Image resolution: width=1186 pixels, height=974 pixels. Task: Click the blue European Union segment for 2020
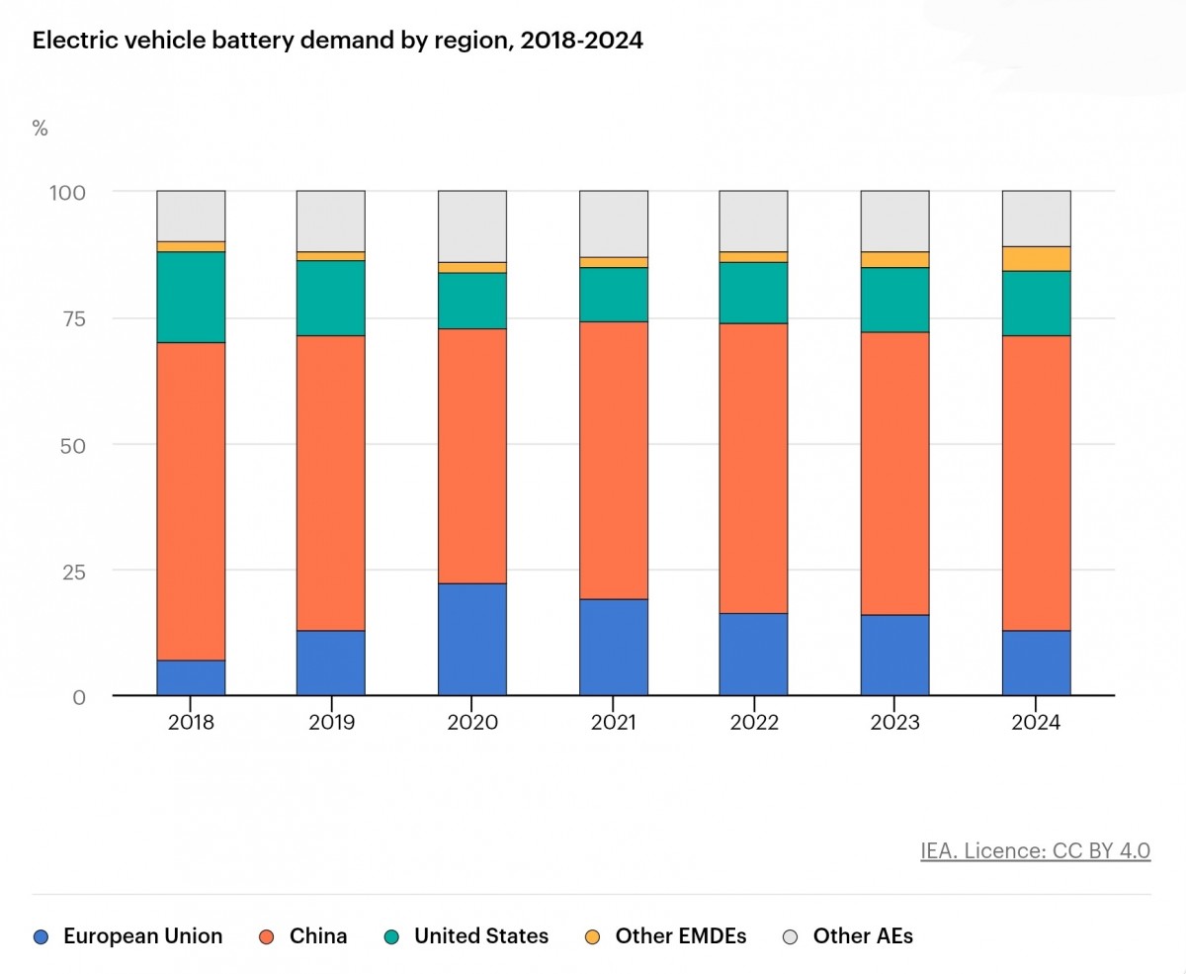pos(472,639)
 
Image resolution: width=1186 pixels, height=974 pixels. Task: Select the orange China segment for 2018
pos(191,500)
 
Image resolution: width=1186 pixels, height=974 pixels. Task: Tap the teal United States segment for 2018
pos(191,297)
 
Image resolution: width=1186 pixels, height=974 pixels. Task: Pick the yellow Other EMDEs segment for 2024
pos(1036,258)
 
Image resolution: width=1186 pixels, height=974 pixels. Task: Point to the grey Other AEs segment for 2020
pos(472,226)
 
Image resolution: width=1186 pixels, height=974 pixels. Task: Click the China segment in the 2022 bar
pos(753,468)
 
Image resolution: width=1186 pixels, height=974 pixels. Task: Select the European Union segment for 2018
pos(191,677)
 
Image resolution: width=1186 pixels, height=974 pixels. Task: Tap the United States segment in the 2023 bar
pos(894,300)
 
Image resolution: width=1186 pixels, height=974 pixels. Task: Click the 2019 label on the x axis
pos(331,723)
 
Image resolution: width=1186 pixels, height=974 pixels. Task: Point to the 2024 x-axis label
pos(1036,723)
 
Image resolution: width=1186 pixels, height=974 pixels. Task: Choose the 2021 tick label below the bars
pos(613,723)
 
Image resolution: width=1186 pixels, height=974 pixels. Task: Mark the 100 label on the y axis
pos(68,192)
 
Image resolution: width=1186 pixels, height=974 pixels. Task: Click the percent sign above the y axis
pos(41,129)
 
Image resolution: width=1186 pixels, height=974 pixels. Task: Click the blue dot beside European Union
pos(41,935)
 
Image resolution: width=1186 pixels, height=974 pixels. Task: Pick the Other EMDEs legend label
pos(681,935)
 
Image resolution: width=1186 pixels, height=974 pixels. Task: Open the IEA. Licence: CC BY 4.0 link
pos(1035,850)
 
